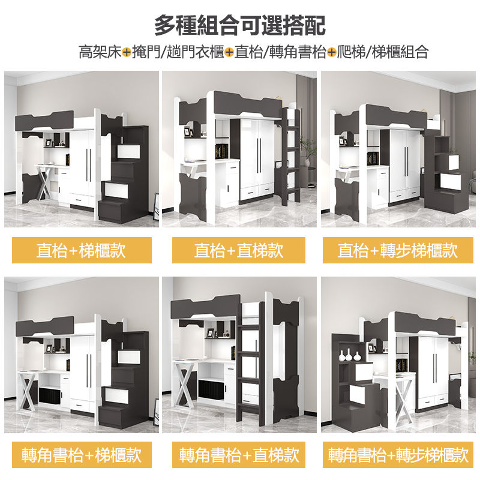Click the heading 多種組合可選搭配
tap(240, 25)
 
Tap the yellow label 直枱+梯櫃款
tap(81, 250)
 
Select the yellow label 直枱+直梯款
tap(239, 250)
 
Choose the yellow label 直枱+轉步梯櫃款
tap(398, 250)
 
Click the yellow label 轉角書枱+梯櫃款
tap(81, 455)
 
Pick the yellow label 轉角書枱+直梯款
tap(239, 455)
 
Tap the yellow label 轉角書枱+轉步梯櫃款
tap(398, 455)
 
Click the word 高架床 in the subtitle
tap(100, 52)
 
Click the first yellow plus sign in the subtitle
tap(127, 52)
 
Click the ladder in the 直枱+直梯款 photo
tap(292, 156)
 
